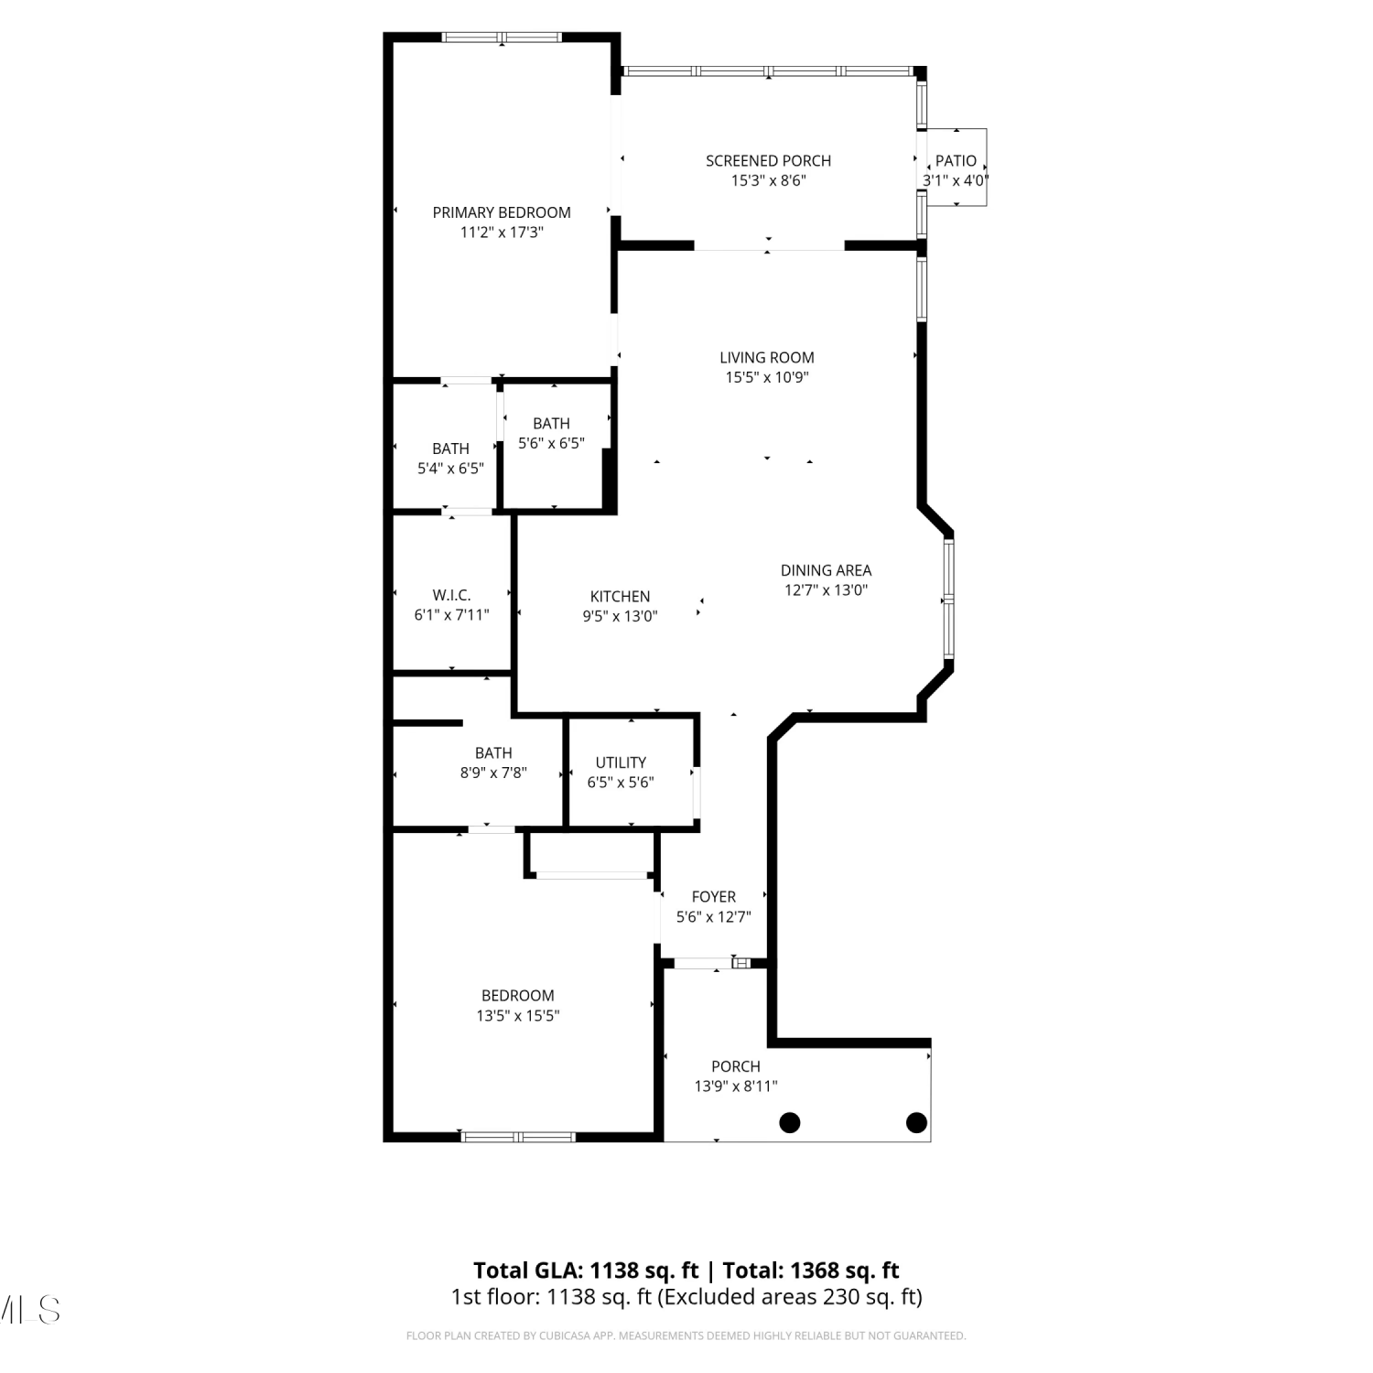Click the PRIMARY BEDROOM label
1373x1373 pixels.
(x=502, y=212)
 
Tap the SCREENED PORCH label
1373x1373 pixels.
(x=768, y=161)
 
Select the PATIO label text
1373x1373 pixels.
(x=956, y=161)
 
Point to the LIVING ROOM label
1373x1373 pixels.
(x=767, y=358)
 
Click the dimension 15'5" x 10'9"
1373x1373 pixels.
(x=767, y=377)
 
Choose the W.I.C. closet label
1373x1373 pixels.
(x=451, y=595)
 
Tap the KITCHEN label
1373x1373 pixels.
(x=620, y=597)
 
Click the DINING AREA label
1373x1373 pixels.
(x=826, y=570)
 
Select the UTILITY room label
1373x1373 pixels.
(x=621, y=762)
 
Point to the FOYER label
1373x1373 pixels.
(x=714, y=897)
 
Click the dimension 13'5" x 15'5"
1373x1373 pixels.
(x=518, y=1015)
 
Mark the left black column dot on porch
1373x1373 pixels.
(x=790, y=1122)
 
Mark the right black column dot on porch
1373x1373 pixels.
(x=916, y=1122)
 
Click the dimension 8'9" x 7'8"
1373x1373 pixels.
(x=493, y=773)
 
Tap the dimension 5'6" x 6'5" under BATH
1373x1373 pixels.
(x=551, y=443)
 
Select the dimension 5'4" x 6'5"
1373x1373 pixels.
(x=450, y=469)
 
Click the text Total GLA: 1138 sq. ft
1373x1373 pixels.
(x=586, y=1270)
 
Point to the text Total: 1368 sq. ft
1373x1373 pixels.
(x=811, y=1270)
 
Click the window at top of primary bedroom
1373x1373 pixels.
(x=502, y=38)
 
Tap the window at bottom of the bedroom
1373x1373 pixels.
(x=518, y=1137)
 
